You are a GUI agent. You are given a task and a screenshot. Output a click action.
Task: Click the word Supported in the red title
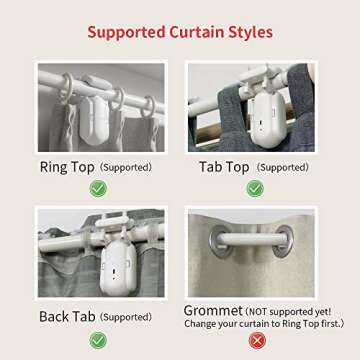pyautogui.click(x=127, y=33)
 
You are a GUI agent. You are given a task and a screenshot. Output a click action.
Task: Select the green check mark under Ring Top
pyautogui.click(x=98, y=189)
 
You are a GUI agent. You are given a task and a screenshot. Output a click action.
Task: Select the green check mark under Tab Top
pyautogui.click(x=255, y=189)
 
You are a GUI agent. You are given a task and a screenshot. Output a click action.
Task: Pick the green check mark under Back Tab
pyautogui.click(x=98, y=340)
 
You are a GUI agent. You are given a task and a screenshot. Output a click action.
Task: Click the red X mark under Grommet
pyautogui.click(x=257, y=341)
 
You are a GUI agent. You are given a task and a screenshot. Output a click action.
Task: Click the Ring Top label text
pyautogui.click(x=67, y=167)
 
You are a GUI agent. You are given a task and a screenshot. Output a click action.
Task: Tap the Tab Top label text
pyautogui.click(x=224, y=167)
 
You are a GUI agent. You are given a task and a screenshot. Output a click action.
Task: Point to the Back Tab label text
pyautogui.click(x=67, y=316)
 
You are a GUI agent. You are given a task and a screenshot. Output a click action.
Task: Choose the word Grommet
pyautogui.click(x=213, y=311)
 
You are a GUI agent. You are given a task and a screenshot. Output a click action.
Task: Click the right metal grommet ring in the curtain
pyautogui.click(x=283, y=241)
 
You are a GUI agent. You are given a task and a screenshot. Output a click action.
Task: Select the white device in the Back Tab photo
pyautogui.click(x=118, y=267)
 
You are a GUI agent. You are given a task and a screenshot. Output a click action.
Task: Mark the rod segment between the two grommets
pyautogui.click(x=252, y=239)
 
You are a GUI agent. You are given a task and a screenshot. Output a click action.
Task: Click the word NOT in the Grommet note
pyautogui.click(x=258, y=312)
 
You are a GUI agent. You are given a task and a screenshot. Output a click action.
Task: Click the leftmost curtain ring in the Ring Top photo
pyautogui.click(x=66, y=88)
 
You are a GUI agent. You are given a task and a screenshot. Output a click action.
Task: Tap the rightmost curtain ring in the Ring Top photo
pyautogui.click(x=148, y=107)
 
